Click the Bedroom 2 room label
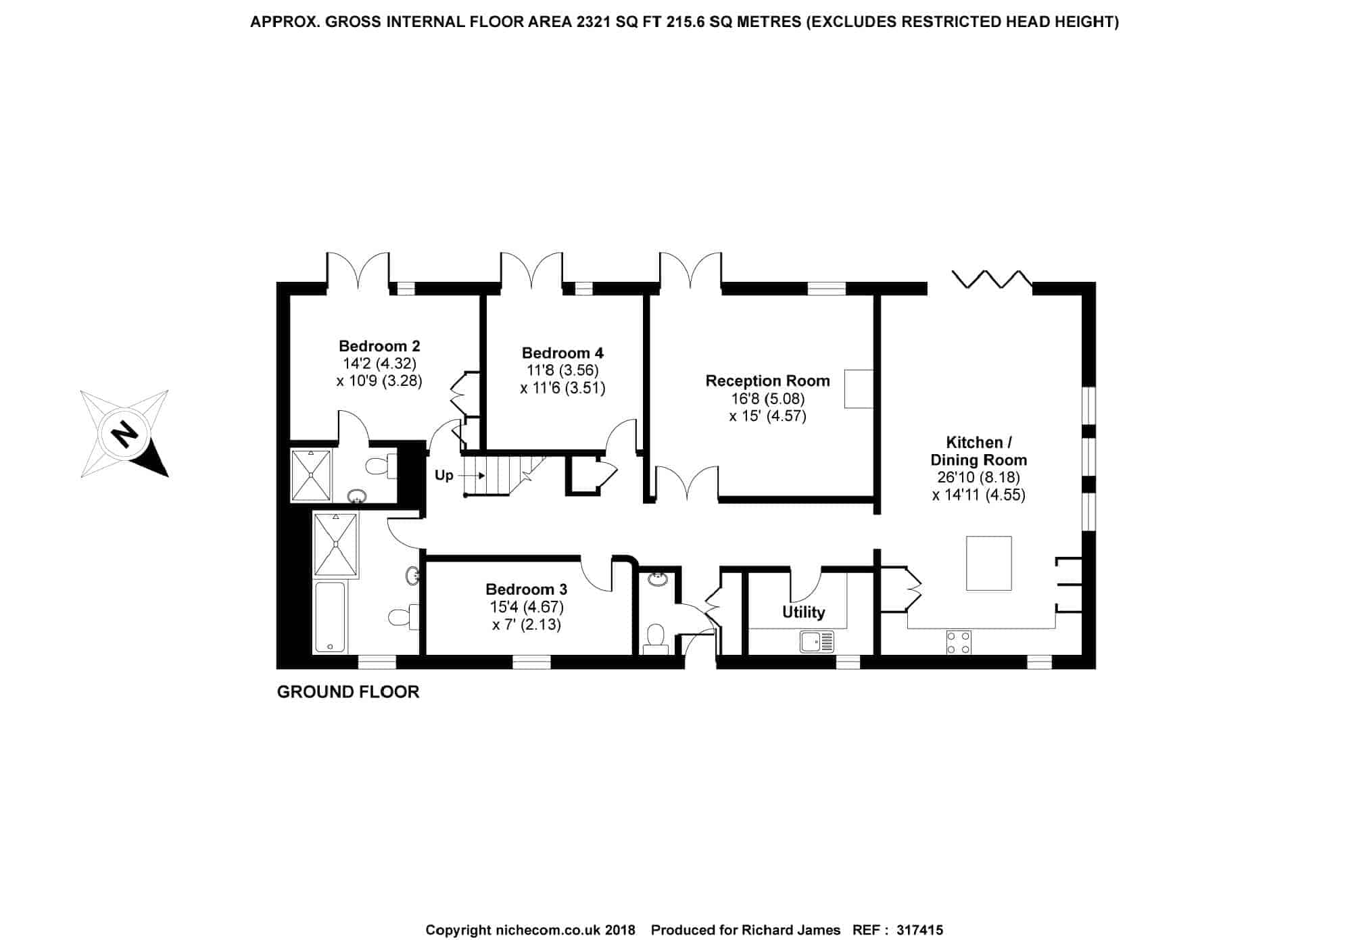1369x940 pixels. pyautogui.click(x=379, y=346)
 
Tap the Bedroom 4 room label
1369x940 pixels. pyautogui.click(x=562, y=353)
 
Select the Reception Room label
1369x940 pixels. pyautogui.click(x=767, y=380)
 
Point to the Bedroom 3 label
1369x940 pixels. pyautogui.click(x=526, y=589)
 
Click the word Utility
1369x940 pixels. pyautogui.click(x=803, y=612)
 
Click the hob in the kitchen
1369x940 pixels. pyautogui.click(x=959, y=642)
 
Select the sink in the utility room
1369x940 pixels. pyautogui.click(x=817, y=641)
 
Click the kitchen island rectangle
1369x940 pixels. pyautogui.click(x=988, y=563)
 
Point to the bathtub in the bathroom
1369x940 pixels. pyautogui.click(x=330, y=617)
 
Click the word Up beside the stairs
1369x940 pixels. pyautogui.click(x=443, y=475)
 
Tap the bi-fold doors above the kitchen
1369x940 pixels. pyautogui.click(x=992, y=280)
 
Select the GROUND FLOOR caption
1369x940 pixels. pyautogui.click(x=348, y=692)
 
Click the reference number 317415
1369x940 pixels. pyautogui.click(x=919, y=930)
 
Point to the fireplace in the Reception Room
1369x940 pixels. pyautogui.click(x=859, y=389)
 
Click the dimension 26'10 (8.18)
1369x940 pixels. pyautogui.click(x=978, y=477)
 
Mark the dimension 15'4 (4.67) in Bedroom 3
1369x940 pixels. pyautogui.click(x=526, y=607)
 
